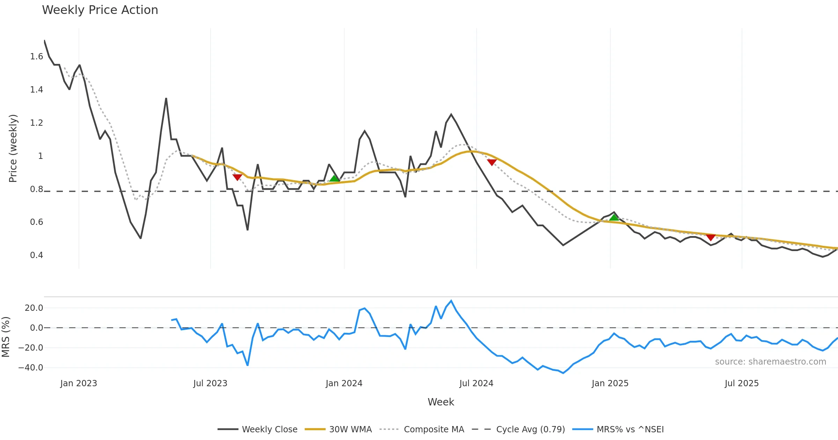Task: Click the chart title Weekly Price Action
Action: click(x=100, y=10)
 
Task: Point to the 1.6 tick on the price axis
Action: click(x=36, y=57)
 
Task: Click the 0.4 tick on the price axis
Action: click(x=36, y=255)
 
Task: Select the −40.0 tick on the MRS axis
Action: click(x=31, y=368)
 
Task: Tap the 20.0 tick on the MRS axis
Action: click(x=34, y=308)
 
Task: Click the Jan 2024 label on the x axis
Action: click(x=344, y=383)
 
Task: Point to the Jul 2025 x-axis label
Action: click(x=742, y=383)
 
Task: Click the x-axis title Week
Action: click(x=441, y=402)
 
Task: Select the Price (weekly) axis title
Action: click(x=13, y=148)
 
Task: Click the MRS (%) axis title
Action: click(x=6, y=337)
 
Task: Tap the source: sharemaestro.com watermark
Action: click(x=770, y=362)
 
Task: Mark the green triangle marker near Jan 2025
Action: click(x=614, y=218)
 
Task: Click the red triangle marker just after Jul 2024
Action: click(x=492, y=162)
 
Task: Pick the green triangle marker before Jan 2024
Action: click(x=334, y=178)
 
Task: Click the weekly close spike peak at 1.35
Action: click(x=166, y=99)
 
